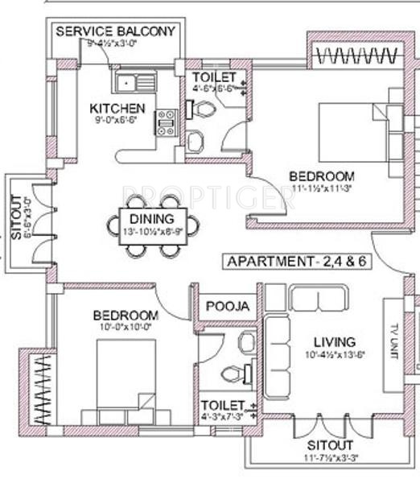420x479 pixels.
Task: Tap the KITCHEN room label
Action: [117, 109]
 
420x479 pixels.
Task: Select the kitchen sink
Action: [129, 82]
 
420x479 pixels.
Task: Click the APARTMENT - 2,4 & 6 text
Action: [292, 262]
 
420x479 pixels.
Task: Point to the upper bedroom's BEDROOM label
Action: [322, 176]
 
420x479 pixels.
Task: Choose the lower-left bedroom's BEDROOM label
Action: [125, 315]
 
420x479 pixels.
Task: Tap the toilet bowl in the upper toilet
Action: [201, 109]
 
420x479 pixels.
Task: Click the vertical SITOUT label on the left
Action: [16, 217]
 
